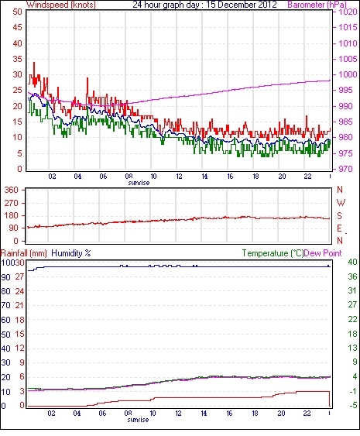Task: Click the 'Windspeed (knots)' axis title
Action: (61, 5)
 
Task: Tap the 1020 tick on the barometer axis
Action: (348, 12)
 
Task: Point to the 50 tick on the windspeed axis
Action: (17, 12)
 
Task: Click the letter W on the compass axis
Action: (341, 202)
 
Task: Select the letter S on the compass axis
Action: (339, 215)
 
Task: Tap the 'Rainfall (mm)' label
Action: (24, 253)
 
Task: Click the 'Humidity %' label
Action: (71, 253)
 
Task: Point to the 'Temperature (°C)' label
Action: (273, 253)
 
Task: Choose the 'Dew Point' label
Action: (323, 253)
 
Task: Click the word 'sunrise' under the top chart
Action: (139, 183)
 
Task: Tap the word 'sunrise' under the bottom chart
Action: (138, 419)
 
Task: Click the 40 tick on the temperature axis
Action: (352, 262)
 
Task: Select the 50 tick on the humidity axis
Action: (5, 335)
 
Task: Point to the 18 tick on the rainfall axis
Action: (19, 320)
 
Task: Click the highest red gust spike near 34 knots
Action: (34, 64)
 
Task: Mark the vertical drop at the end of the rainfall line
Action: (330, 399)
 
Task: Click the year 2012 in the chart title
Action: (266, 5)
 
